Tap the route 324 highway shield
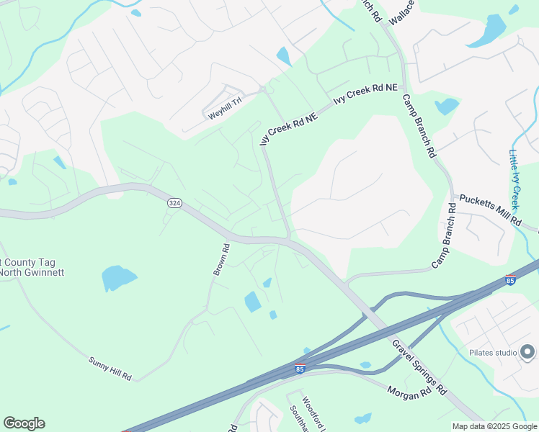click(174, 204)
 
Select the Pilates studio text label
click(493, 352)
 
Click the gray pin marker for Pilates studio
click(527, 351)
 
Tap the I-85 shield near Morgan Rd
click(300, 369)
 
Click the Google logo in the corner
click(24, 423)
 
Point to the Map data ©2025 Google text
click(494, 426)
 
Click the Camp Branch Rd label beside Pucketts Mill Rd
click(444, 236)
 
